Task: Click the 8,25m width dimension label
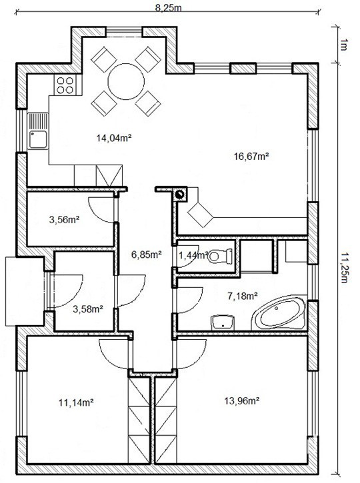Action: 168,8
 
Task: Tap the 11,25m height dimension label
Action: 343,268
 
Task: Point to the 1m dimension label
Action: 343,45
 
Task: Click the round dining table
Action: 126,81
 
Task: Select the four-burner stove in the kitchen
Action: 65,85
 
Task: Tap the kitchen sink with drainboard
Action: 38,131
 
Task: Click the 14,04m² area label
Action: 114,138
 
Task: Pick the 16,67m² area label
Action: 251,157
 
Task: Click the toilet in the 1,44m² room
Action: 220,256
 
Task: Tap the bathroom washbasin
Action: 223,322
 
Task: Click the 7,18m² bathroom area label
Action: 243,296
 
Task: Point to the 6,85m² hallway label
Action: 147,254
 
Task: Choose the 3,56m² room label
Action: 65,220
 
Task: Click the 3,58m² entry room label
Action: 88,309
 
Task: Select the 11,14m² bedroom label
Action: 76,402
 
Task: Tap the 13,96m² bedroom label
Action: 241,401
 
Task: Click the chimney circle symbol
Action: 180,195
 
